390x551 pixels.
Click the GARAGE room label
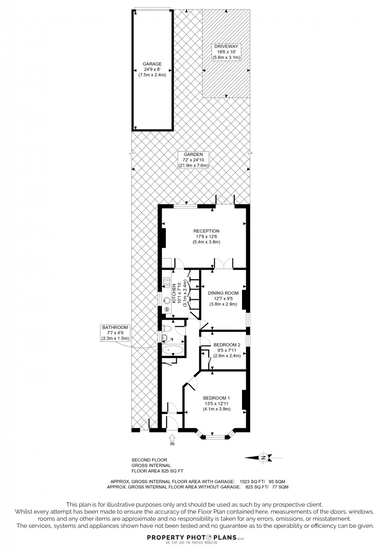[x=152, y=64]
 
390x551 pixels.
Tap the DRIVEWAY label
[x=226, y=46]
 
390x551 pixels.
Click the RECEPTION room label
[x=206, y=231]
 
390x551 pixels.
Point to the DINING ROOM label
[x=223, y=293]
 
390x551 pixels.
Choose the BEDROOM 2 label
[x=227, y=345]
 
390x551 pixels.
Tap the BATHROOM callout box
[x=115, y=333]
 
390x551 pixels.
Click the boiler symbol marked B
[x=167, y=309]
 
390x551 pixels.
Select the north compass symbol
[x=263, y=457]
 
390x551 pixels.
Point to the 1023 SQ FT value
[x=252, y=482]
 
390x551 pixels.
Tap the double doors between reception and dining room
[x=223, y=263]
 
